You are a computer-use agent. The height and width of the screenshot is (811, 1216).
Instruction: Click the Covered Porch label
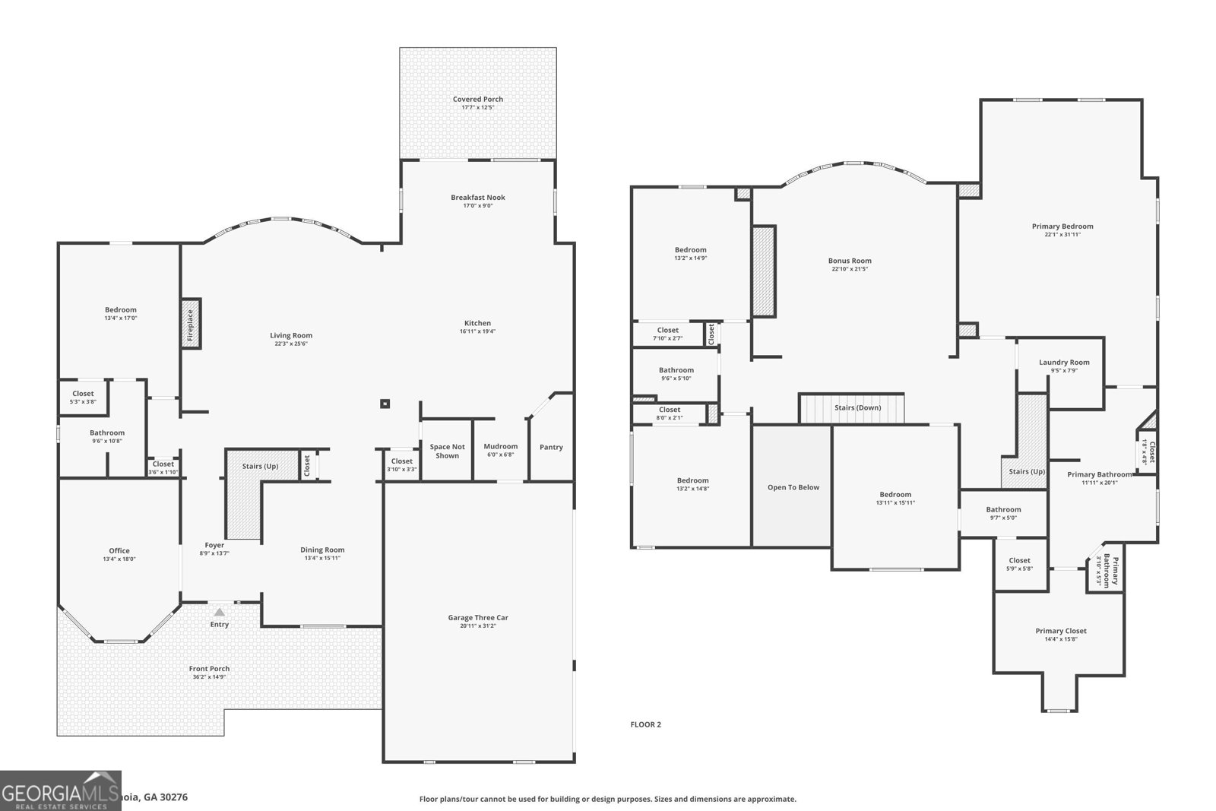477,100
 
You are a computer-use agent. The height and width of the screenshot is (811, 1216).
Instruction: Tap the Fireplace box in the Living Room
190,324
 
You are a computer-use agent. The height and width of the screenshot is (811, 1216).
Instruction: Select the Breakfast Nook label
477,198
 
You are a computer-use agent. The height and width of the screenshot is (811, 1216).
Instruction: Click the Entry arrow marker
219,612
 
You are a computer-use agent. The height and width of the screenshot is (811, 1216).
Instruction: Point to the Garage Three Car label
477,618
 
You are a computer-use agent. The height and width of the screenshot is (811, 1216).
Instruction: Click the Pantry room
551,447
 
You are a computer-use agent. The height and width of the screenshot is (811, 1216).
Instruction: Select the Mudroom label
500,447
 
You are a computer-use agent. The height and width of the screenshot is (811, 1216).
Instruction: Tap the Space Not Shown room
447,451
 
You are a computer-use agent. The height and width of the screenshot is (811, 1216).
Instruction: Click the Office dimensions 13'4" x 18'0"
119,559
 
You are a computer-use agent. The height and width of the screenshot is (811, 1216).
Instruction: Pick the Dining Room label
322,550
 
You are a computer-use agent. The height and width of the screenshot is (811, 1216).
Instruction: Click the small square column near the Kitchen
385,404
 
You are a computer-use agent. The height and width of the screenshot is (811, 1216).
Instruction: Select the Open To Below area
793,487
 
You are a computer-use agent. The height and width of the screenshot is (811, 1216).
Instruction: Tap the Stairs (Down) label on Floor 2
857,408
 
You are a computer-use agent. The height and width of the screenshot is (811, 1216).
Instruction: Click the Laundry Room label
1064,363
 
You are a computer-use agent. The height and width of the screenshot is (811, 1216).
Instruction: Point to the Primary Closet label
1060,631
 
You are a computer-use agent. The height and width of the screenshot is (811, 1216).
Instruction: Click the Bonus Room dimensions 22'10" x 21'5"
850,269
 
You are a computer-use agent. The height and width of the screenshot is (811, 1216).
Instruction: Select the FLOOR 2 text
645,724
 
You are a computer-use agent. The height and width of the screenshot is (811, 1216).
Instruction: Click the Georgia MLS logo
60,790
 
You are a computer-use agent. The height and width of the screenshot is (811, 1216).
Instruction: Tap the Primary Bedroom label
1062,227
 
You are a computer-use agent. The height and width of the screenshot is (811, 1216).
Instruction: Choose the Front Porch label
209,669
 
